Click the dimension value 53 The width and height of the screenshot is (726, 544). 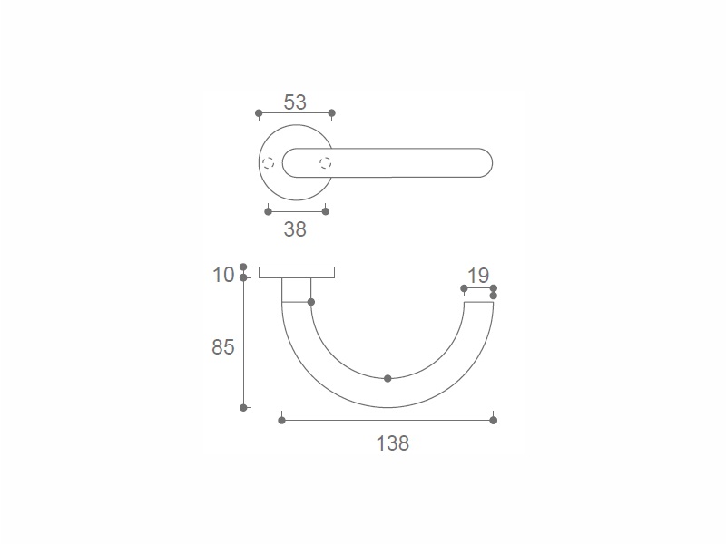tap(295, 102)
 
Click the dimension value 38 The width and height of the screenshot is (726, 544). tap(295, 229)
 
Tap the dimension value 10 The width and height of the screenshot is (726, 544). tap(223, 275)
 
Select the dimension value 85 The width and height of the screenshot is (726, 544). tap(223, 347)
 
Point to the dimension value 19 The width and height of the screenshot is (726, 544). tap(478, 276)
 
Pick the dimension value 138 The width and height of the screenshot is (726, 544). tap(393, 443)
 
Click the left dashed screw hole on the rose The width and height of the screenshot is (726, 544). tap(268, 163)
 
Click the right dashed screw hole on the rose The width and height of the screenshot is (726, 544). tap(326, 163)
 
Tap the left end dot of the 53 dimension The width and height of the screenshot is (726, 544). tap(259, 112)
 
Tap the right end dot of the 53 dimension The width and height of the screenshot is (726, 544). tap(331, 112)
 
